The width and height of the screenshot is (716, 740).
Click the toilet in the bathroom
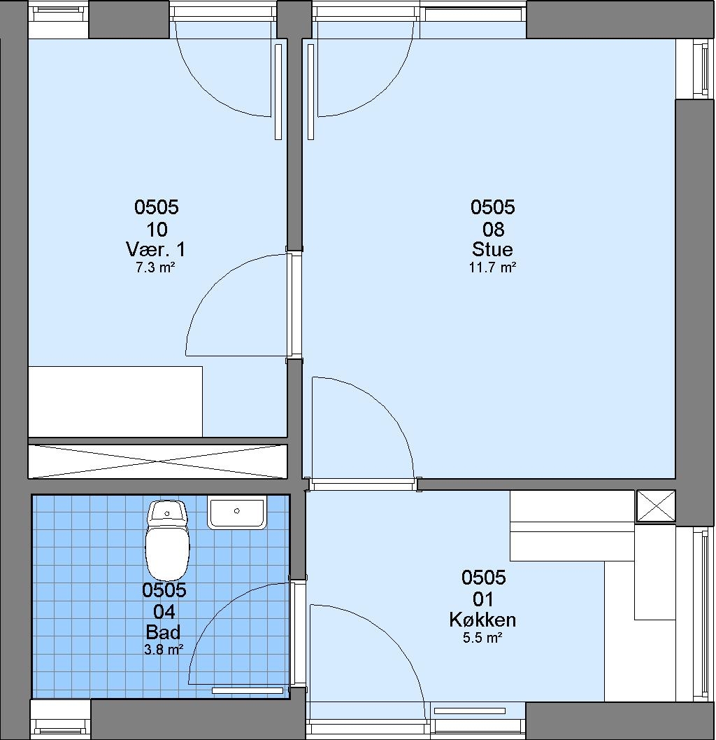[167, 540]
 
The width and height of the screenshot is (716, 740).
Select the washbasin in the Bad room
[237, 513]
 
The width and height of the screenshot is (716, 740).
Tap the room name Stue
[492, 249]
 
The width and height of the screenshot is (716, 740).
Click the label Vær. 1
[155, 249]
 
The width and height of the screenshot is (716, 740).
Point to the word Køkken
[482, 620]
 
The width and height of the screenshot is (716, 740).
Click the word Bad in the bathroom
[163, 632]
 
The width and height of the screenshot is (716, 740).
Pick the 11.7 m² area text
[492, 267]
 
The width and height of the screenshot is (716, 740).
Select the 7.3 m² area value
[155, 268]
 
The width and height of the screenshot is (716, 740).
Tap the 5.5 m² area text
[482, 638]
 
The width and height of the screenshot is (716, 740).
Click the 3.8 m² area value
[164, 650]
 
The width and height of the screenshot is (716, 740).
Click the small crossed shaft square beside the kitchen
[656, 505]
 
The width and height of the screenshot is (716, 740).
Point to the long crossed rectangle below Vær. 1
[157, 461]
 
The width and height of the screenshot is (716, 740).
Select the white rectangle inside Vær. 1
[115, 402]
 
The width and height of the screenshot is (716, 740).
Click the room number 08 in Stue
[493, 230]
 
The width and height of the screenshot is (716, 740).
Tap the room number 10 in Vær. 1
[157, 230]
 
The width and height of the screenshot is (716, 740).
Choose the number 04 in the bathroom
[164, 612]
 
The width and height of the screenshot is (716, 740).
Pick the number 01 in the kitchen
[483, 599]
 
